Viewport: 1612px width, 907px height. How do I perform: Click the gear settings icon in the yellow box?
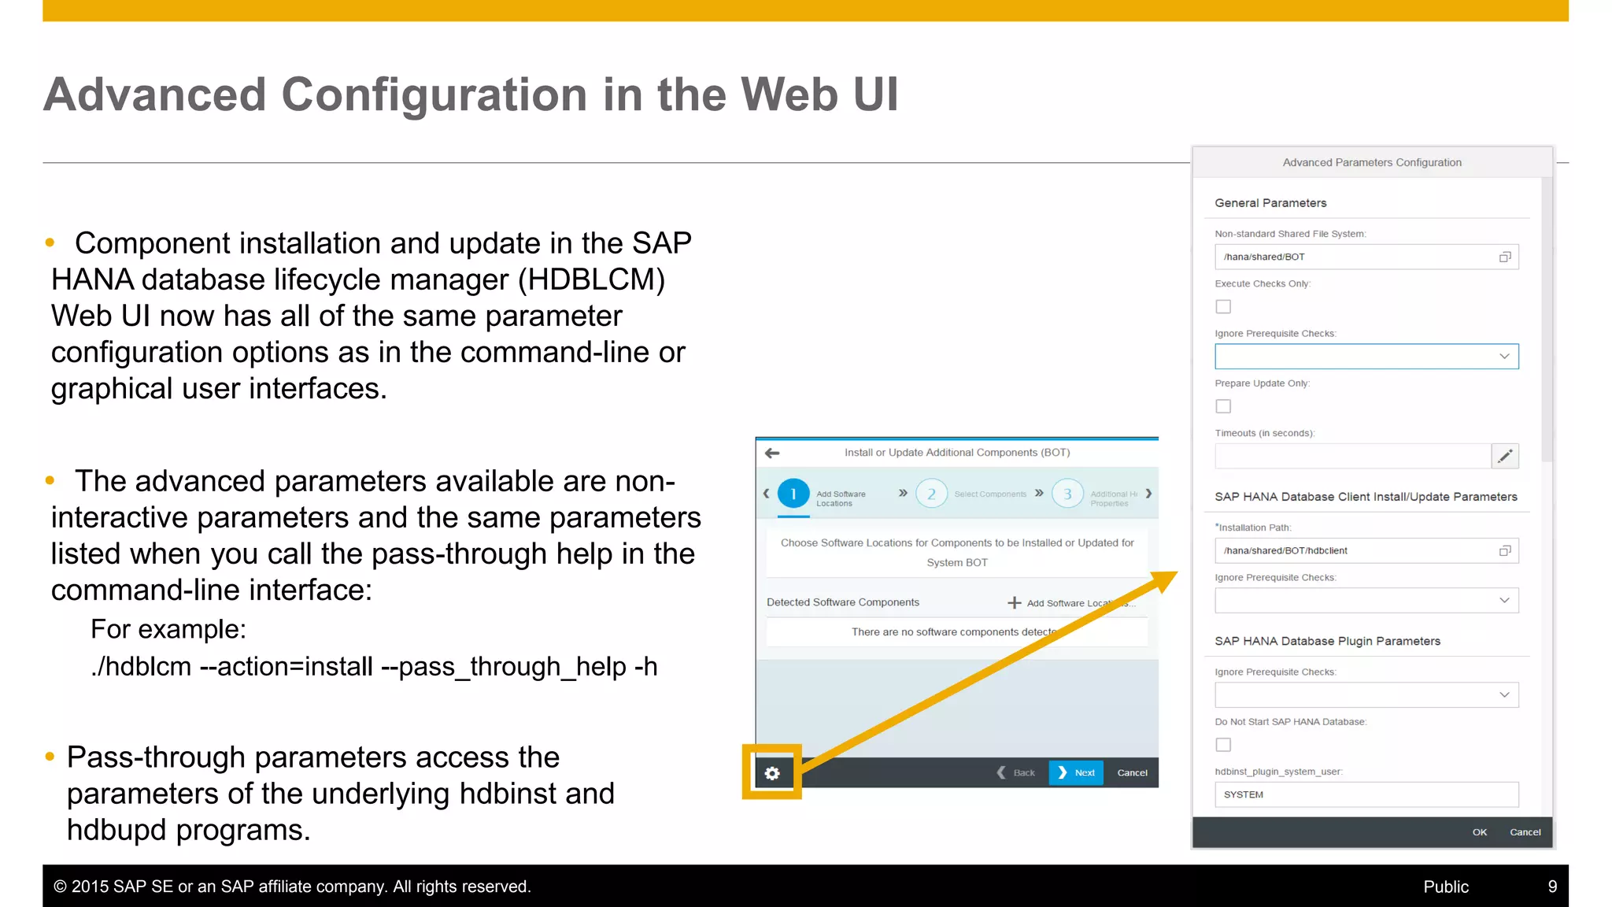[x=772, y=773]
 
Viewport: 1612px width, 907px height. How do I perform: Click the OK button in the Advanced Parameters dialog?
[x=1480, y=832]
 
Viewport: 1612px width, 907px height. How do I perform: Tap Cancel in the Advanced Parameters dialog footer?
[x=1525, y=832]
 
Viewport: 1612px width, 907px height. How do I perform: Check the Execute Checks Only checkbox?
[x=1223, y=306]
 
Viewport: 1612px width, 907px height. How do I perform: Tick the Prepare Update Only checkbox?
[x=1223, y=406]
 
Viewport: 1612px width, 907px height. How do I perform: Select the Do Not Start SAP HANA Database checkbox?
[x=1223, y=745]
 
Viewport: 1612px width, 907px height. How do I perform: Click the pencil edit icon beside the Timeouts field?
[x=1505, y=456]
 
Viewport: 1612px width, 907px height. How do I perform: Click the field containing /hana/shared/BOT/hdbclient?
[x=1354, y=551]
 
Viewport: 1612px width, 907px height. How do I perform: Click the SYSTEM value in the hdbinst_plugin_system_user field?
[x=1244, y=795]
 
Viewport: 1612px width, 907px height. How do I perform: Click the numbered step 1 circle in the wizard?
[x=793, y=494]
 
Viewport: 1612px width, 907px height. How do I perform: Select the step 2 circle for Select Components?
[x=931, y=494]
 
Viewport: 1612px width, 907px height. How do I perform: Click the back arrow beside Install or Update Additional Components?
[x=772, y=453]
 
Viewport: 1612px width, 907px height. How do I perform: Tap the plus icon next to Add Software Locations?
[x=1015, y=603]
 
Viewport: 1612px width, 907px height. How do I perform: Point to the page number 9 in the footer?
[x=1552, y=887]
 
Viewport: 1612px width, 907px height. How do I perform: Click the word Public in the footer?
[x=1446, y=887]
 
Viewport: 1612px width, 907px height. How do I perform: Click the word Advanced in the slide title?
[x=154, y=94]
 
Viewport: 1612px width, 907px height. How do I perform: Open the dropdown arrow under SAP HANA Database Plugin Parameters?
[x=1504, y=695]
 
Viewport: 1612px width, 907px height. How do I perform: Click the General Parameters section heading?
[x=1270, y=203]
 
